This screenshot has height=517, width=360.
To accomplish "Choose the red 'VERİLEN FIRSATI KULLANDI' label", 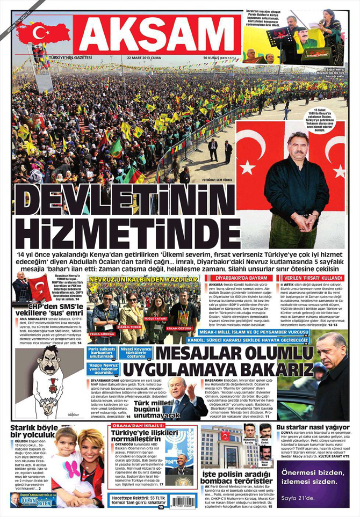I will tap(303, 278).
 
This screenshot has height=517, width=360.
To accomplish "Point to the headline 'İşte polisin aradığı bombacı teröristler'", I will tap(237, 477).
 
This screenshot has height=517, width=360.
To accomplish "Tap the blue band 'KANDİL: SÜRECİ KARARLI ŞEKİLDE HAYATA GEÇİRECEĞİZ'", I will tap(256, 340).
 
